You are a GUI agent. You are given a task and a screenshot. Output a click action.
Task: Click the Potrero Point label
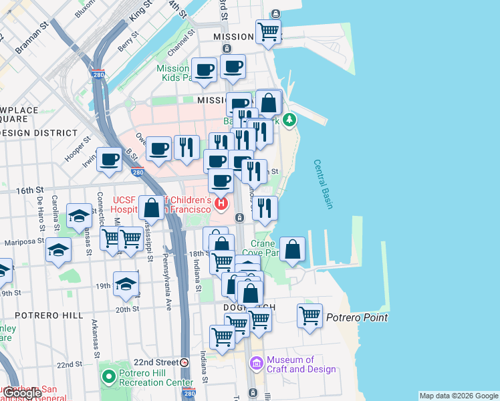[356, 317]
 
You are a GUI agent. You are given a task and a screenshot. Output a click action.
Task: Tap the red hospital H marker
[221, 203]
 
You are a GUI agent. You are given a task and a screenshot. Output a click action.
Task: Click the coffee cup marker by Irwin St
[109, 159]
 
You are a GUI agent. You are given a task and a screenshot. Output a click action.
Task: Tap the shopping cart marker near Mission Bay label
[268, 31]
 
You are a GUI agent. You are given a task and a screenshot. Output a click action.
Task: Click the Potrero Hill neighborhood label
[40, 315]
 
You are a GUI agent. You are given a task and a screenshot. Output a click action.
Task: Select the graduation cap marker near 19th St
[125, 284]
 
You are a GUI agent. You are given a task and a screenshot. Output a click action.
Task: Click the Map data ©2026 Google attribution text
[459, 396]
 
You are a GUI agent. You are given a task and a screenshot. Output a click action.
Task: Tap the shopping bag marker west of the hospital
[152, 208]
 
